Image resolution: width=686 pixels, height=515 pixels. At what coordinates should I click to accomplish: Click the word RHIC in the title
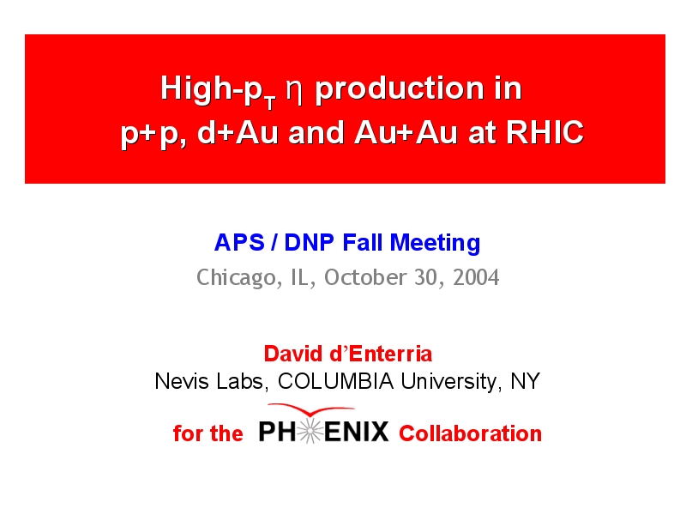tap(545, 132)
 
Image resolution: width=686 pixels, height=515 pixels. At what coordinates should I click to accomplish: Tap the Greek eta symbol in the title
tap(294, 91)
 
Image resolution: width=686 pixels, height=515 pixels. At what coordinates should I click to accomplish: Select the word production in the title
tap(400, 89)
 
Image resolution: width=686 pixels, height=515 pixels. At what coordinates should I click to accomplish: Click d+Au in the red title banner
tap(238, 132)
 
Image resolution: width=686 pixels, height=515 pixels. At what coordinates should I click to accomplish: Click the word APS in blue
tap(239, 243)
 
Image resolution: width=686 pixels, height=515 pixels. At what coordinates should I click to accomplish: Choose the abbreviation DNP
tap(310, 243)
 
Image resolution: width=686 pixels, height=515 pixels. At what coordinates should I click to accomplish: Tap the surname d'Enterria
tap(381, 354)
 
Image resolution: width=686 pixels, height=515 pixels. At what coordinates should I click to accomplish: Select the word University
tap(450, 382)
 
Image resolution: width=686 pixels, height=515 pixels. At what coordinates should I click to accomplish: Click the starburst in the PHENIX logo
tap(310, 432)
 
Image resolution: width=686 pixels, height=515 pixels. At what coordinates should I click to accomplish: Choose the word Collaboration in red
tap(470, 433)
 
